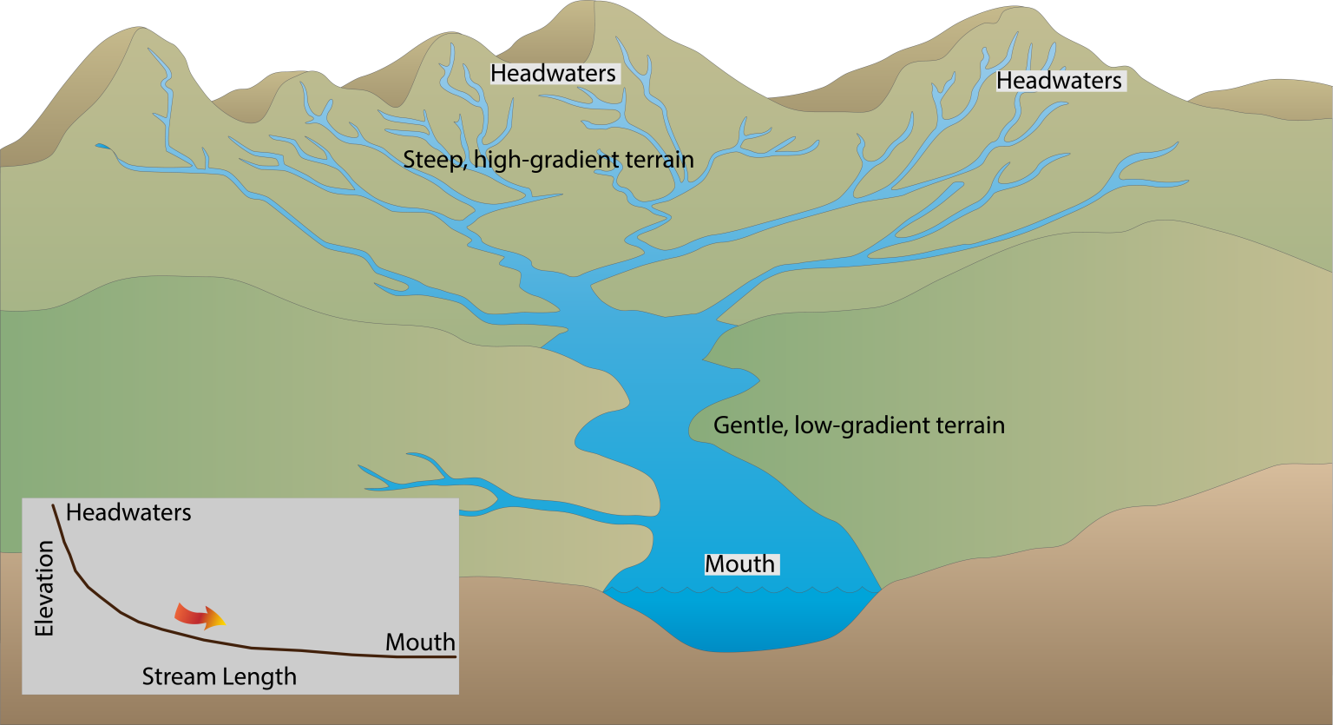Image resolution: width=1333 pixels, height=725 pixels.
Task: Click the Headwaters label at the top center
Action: click(x=554, y=74)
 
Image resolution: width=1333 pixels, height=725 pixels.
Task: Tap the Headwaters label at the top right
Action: click(x=1059, y=81)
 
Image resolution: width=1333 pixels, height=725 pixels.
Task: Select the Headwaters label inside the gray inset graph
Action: click(x=128, y=512)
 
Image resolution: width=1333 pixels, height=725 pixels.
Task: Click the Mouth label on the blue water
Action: click(x=739, y=564)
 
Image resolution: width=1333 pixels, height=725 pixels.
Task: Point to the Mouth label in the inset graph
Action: click(x=420, y=643)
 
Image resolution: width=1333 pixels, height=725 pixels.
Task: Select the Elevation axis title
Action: click(x=44, y=589)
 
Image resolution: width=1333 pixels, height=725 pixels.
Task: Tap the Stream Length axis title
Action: click(x=219, y=677)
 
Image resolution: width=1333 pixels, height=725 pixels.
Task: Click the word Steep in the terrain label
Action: click(x=430, y=161)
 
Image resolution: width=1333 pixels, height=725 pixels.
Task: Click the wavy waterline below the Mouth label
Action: click(x=742, y=590)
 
